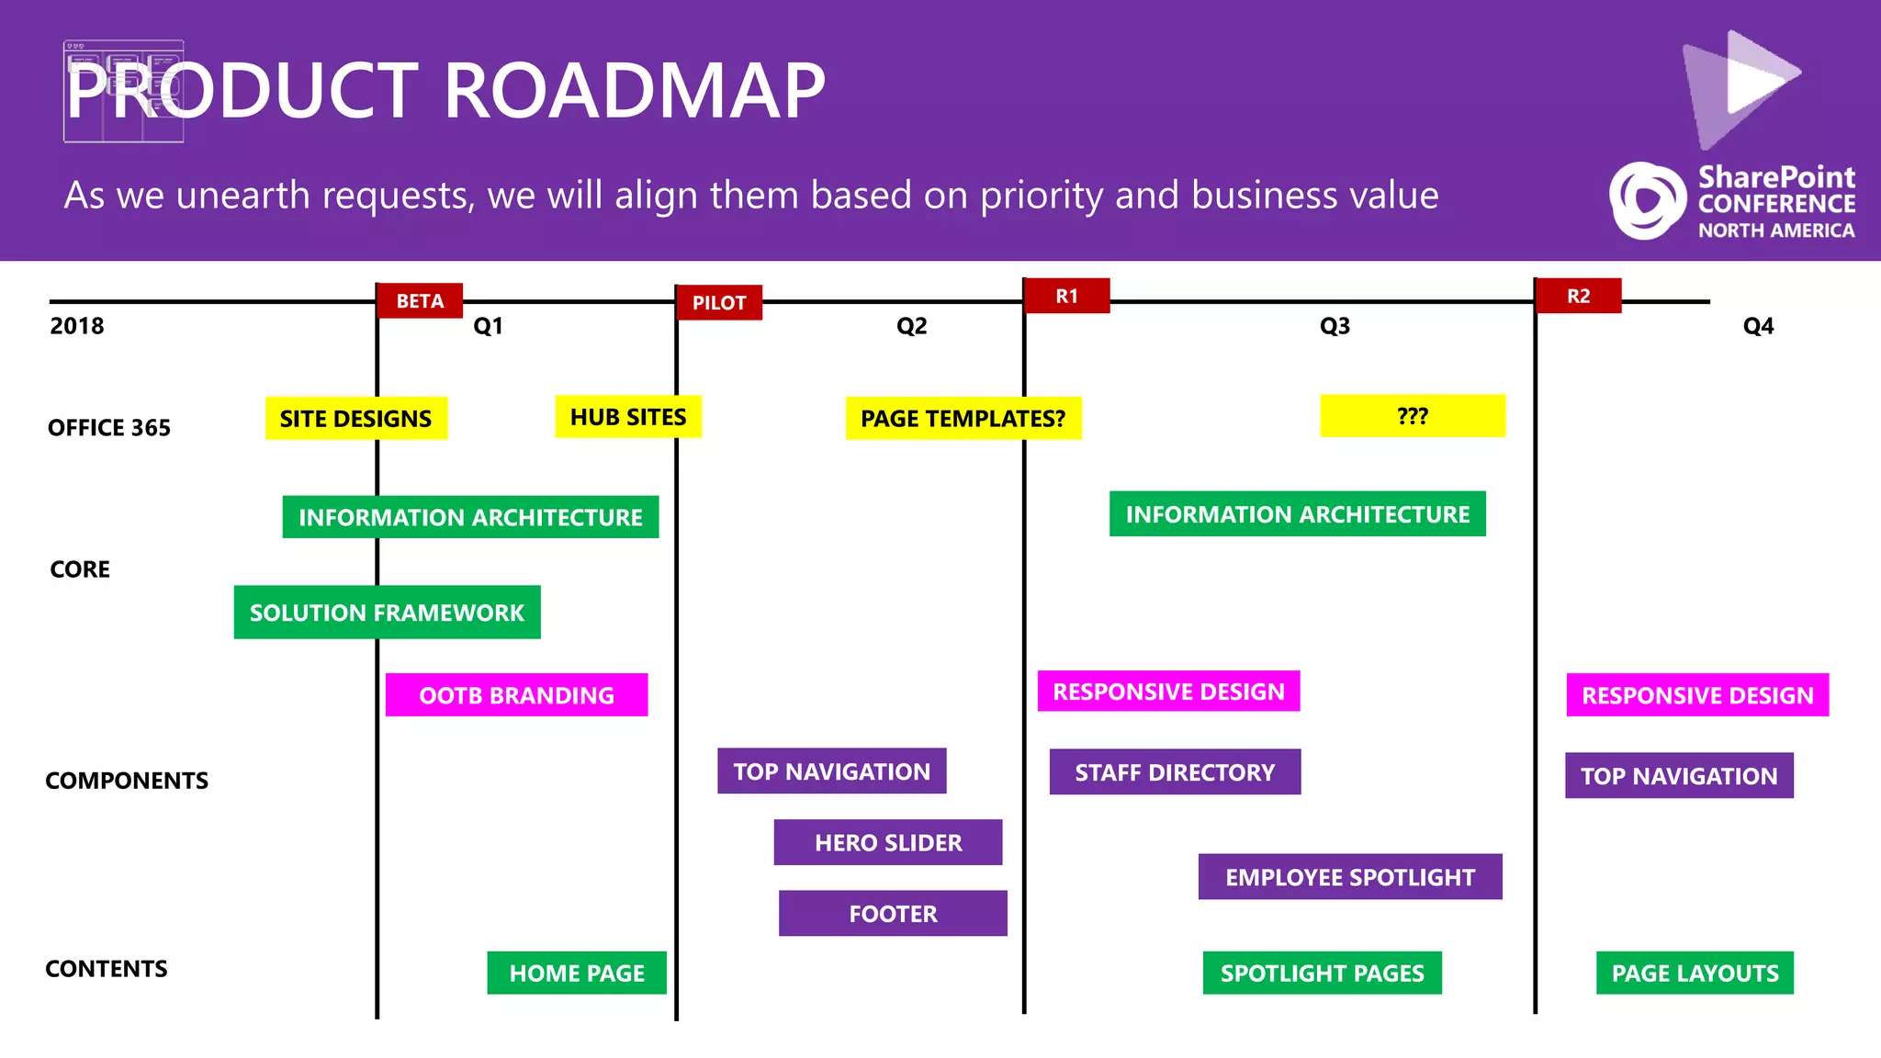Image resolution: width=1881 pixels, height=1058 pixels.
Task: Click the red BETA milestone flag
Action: pos(420,300)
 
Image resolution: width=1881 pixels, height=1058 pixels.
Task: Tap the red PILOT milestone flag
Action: pos(719,302)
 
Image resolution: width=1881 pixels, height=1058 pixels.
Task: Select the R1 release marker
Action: pos(1066,296)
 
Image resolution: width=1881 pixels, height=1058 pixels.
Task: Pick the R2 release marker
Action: pos(1578,296)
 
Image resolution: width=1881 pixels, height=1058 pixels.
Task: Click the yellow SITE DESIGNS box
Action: pos(355,418)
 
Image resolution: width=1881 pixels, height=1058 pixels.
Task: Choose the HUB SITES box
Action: pos(628,417)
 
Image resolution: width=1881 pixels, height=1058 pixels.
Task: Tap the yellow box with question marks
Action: pos(1412,416)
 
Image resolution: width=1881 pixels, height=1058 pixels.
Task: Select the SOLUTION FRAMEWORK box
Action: pos(387,612)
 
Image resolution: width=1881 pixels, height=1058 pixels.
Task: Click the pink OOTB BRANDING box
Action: pos(516,694)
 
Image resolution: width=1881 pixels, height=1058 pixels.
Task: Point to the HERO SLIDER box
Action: pos(888,842)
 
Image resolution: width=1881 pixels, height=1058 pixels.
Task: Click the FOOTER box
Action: pos(893,913)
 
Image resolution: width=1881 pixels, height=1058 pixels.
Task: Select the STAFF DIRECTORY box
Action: pos(1175,771)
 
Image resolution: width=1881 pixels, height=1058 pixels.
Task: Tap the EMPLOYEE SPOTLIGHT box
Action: pos(1349,876)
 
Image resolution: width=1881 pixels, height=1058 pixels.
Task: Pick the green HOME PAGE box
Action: pos(577,973)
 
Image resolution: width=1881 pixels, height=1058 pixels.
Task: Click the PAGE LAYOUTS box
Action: pos(1695,973)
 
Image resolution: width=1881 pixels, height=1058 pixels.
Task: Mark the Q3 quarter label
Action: pos(1335,326)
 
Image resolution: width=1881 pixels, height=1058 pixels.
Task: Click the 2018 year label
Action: pos(77,326)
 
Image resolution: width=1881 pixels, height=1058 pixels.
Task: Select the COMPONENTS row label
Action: pos(127,780)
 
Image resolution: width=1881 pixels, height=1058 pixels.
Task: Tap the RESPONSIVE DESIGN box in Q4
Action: pos(1697,694)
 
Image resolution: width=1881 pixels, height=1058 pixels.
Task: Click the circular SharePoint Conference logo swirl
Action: pos(1647,201)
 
